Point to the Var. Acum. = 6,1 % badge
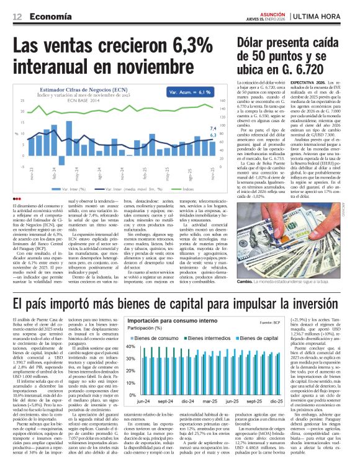(x=185, y=92)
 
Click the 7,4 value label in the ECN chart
(x=213, y=128)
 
